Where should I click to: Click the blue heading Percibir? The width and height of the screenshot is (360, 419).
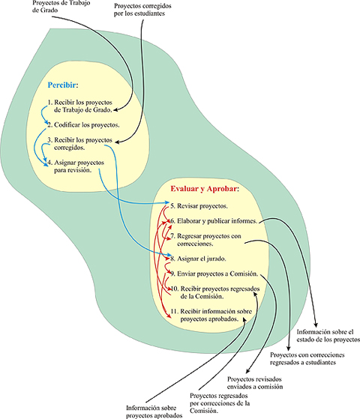[63, 85]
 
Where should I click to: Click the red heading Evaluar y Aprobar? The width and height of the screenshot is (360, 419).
[205, 189]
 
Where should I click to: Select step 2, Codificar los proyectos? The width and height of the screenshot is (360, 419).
[83, 124]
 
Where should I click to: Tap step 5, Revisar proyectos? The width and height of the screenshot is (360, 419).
[199, 206]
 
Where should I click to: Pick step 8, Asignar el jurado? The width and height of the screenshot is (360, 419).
[198, 259]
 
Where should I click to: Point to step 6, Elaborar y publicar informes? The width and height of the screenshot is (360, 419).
[214, 221]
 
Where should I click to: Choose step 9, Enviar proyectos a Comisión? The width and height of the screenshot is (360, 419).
[214, 274]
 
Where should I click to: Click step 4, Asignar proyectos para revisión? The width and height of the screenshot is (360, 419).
[76, 166]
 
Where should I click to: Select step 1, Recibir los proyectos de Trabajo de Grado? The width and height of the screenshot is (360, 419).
[80, 106]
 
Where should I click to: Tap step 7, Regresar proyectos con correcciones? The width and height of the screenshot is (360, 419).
[205, 240]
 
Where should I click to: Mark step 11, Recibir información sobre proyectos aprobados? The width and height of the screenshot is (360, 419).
[211, 315]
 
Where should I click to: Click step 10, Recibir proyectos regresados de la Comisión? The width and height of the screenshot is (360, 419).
[215, 292]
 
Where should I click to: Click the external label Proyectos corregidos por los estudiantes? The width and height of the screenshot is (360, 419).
[142, 10]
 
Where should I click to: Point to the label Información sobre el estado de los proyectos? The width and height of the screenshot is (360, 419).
[328, 336]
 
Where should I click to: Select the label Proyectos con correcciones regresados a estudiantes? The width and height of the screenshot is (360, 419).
[307, 358]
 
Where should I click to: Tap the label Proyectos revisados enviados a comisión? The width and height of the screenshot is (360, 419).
[255, 383]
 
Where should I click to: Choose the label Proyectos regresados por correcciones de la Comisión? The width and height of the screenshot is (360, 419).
[220, 403]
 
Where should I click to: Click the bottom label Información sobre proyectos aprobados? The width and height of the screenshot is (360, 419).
[154, 412]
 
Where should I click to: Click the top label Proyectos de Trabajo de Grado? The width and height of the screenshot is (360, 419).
[61, 7]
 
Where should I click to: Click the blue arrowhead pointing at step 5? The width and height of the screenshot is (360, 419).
[167, 202]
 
